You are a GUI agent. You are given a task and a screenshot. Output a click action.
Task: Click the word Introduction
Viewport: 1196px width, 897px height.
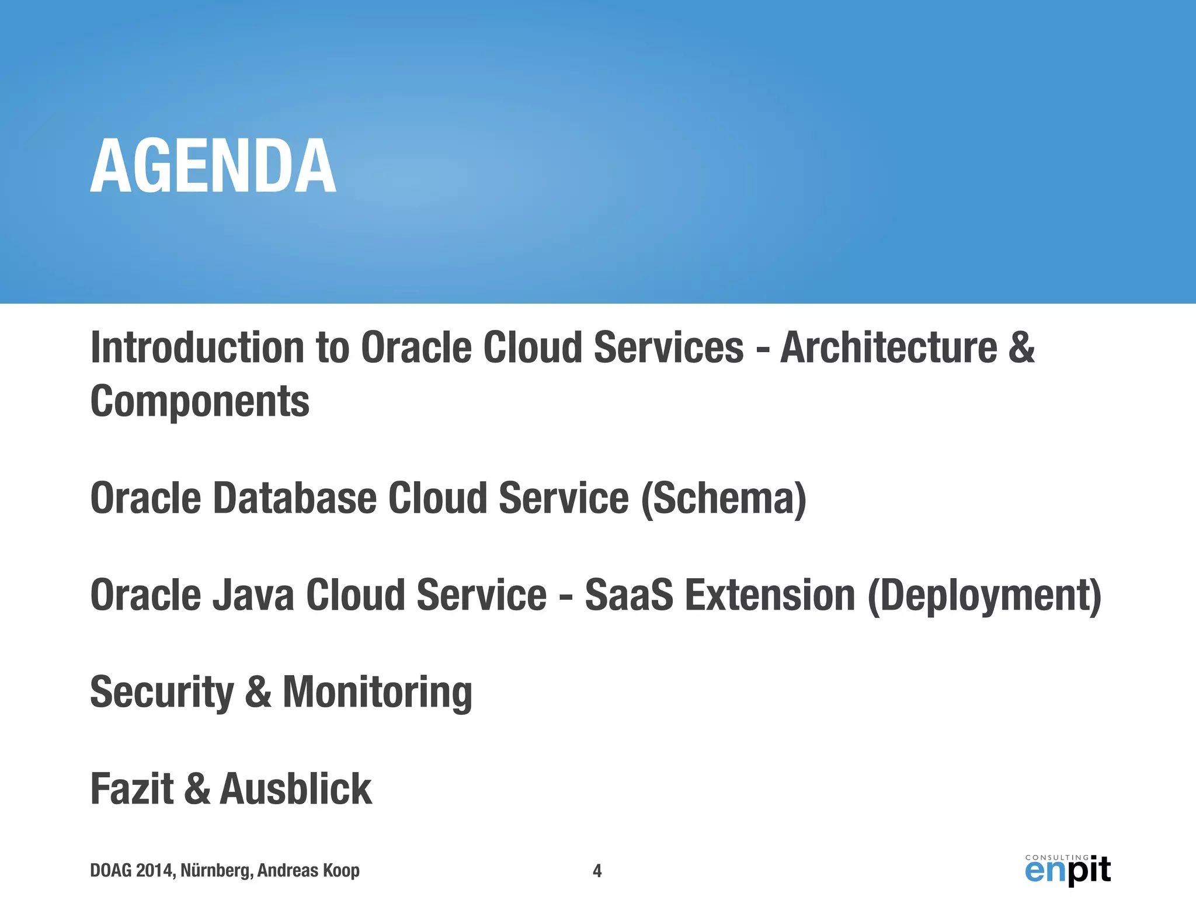[197, 347]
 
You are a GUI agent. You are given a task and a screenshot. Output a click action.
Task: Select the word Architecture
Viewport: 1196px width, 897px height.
[889, 347]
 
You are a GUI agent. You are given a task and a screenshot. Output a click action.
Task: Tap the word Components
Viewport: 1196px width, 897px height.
[200, 401]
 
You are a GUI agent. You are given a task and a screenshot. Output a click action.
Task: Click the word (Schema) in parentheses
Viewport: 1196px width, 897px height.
[724, 498]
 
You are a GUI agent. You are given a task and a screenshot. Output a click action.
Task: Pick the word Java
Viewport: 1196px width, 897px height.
[253, 595]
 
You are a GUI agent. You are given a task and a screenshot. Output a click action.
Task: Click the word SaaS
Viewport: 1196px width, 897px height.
[629, 595]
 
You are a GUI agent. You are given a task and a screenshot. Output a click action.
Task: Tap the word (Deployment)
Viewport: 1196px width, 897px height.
[985, 595]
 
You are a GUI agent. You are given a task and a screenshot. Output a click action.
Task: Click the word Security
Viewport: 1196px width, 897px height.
[162, 692]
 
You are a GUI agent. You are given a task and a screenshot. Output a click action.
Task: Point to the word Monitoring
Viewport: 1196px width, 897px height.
[377, 692]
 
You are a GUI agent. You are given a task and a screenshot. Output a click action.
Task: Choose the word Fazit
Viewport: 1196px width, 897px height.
[132, 789]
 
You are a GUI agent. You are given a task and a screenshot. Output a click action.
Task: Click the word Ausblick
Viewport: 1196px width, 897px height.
[295, 789]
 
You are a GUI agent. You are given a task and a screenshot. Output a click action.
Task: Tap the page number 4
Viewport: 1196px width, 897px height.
[597, 871]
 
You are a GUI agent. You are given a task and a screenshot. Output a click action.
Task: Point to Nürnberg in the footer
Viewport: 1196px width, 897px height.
[216, 871]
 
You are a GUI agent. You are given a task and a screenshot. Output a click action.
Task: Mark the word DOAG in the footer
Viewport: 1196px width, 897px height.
[111, 871]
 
